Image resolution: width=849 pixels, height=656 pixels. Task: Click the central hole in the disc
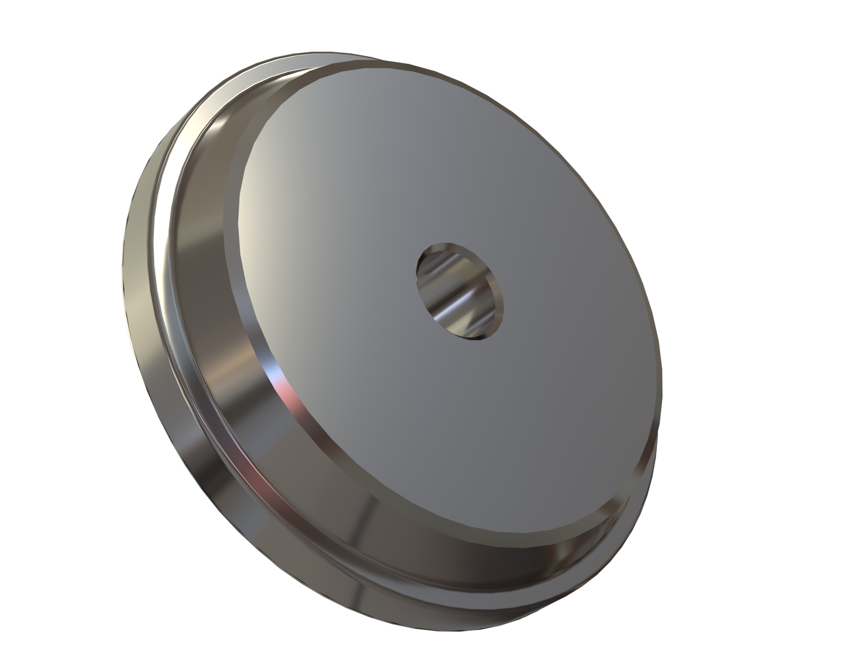460,292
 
